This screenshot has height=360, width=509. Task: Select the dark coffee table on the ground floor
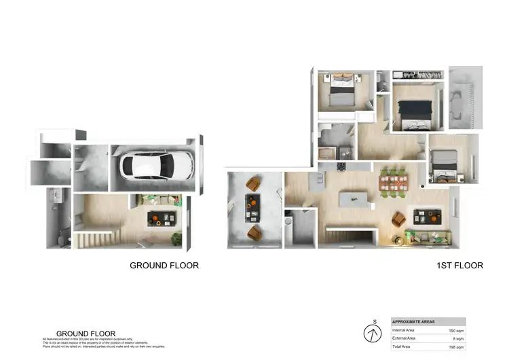click(160, 218)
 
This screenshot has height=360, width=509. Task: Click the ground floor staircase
click(95, 238)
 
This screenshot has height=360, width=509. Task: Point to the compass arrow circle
click(373, 334)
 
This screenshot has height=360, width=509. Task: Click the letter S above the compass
click(373, 322)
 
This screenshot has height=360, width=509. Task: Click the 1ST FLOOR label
click(460, 266)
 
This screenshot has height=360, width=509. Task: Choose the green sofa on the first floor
click(430, 236)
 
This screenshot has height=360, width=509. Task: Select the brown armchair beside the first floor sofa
click(400, 219)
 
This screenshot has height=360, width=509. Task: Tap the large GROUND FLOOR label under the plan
click(164, 266)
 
